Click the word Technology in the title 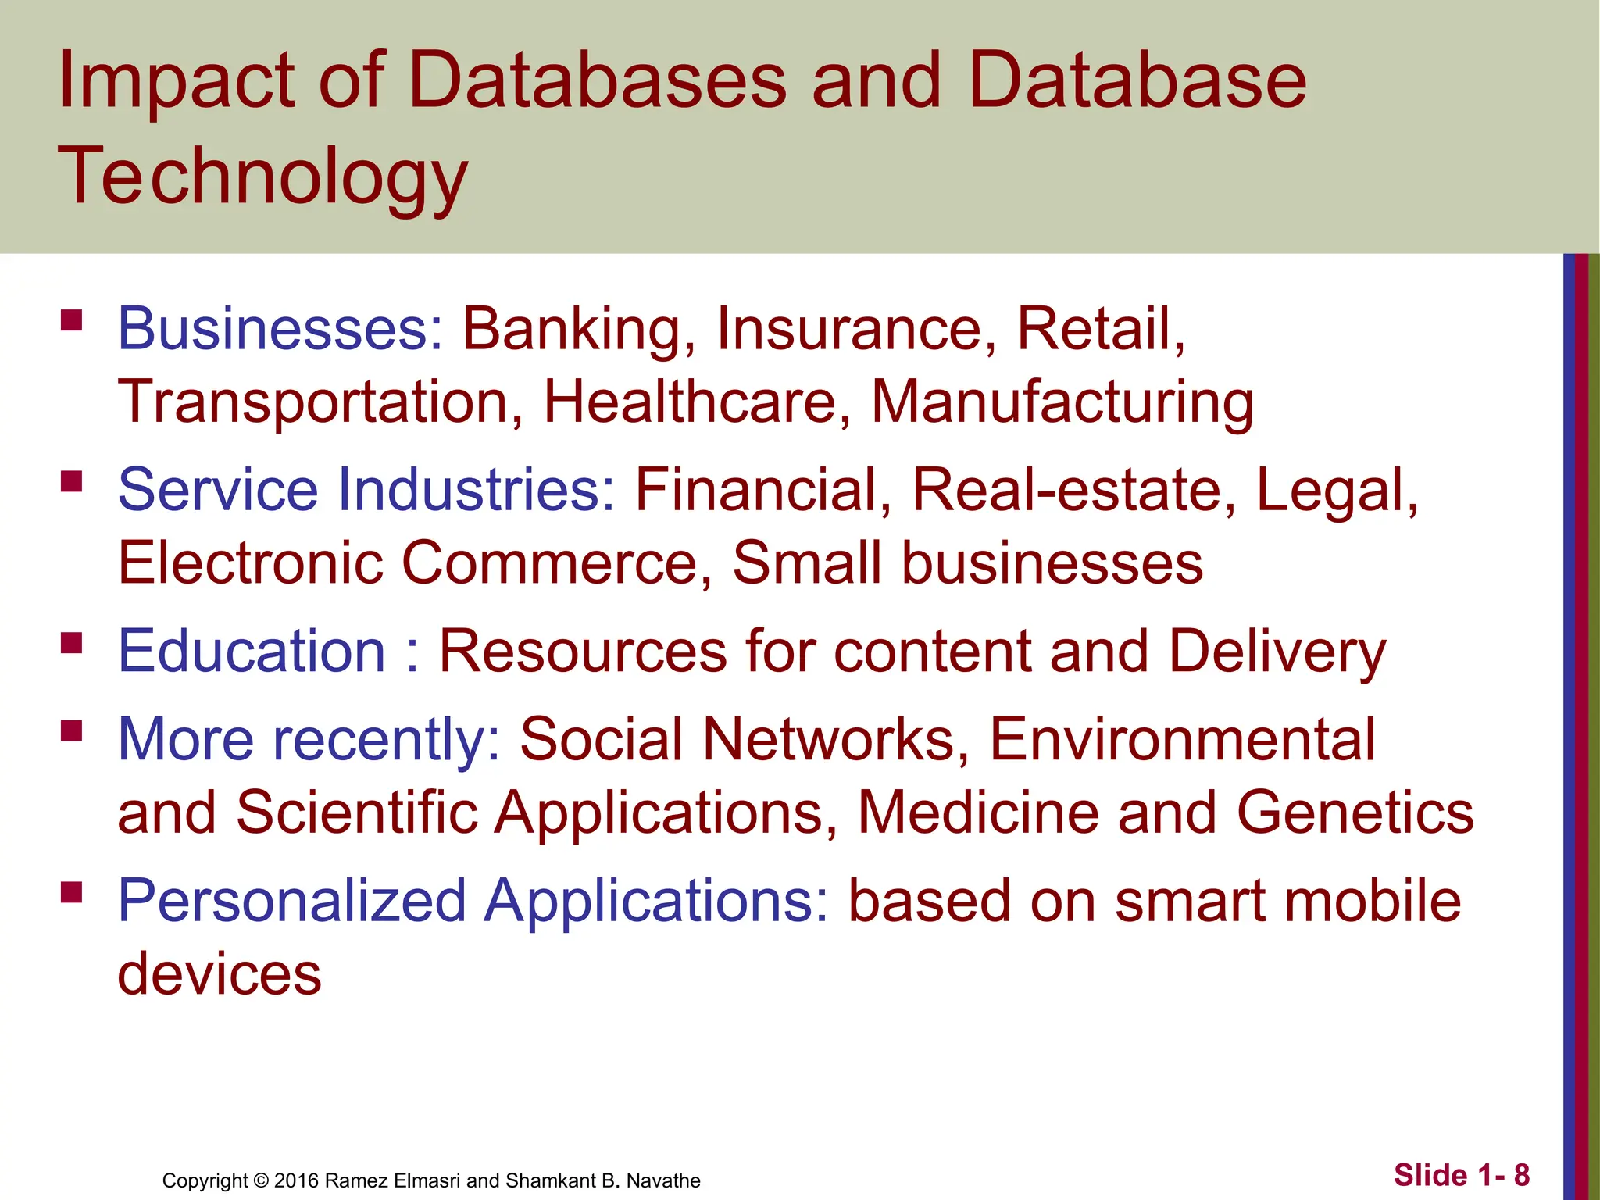tap(262, 178)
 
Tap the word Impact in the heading tap(175, 81)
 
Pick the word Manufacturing tap(1062, 402)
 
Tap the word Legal tap(1336, 491)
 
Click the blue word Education tap(252, 651)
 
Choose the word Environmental tap(1182, 739)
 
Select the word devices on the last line tap(220, 974)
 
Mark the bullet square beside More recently tap(72, 730)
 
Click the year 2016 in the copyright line tap(296, 1180)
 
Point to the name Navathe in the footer tap(663, 1180)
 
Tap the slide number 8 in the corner tap(1521, 1175)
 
